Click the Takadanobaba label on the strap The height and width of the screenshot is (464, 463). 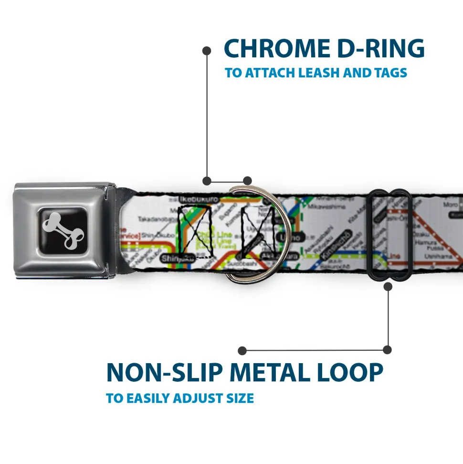[156, 219]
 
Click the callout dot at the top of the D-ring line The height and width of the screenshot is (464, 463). [207, 50]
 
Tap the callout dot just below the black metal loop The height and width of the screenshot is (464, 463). [388, 287]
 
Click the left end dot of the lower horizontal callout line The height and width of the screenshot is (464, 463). [242, 351]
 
